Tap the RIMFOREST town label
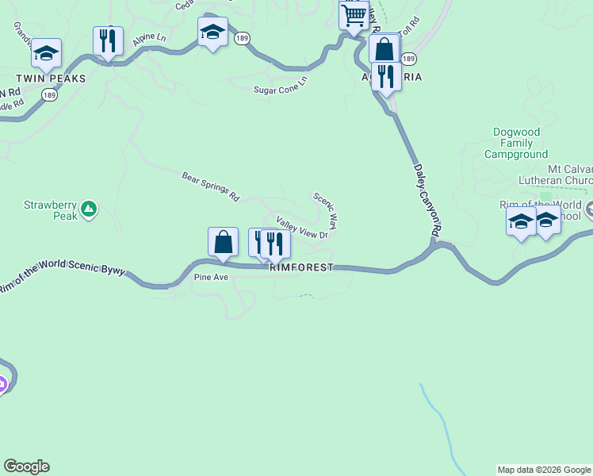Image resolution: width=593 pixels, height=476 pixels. (301, 268)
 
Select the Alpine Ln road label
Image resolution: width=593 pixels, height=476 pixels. (149, 37)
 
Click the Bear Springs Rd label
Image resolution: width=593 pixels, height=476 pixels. (210, 186)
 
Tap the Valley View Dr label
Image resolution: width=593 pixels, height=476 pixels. (301, 228)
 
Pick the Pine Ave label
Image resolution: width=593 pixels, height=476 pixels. (211, 278)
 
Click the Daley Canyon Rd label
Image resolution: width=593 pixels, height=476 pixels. (426, 198)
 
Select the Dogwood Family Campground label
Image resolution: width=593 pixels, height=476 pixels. (520, 143)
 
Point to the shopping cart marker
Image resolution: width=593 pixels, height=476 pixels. (354, 14)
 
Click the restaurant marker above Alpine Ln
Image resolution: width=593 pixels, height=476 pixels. (108, 40)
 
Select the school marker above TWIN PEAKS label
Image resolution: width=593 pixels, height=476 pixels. (46, 52)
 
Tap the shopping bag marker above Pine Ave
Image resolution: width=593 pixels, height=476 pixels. (223, 242)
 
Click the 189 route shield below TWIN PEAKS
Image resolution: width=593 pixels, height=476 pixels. (49, 94)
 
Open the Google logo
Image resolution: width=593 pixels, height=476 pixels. (26, 466)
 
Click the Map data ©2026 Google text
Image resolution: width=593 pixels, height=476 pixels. (544, 470)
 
